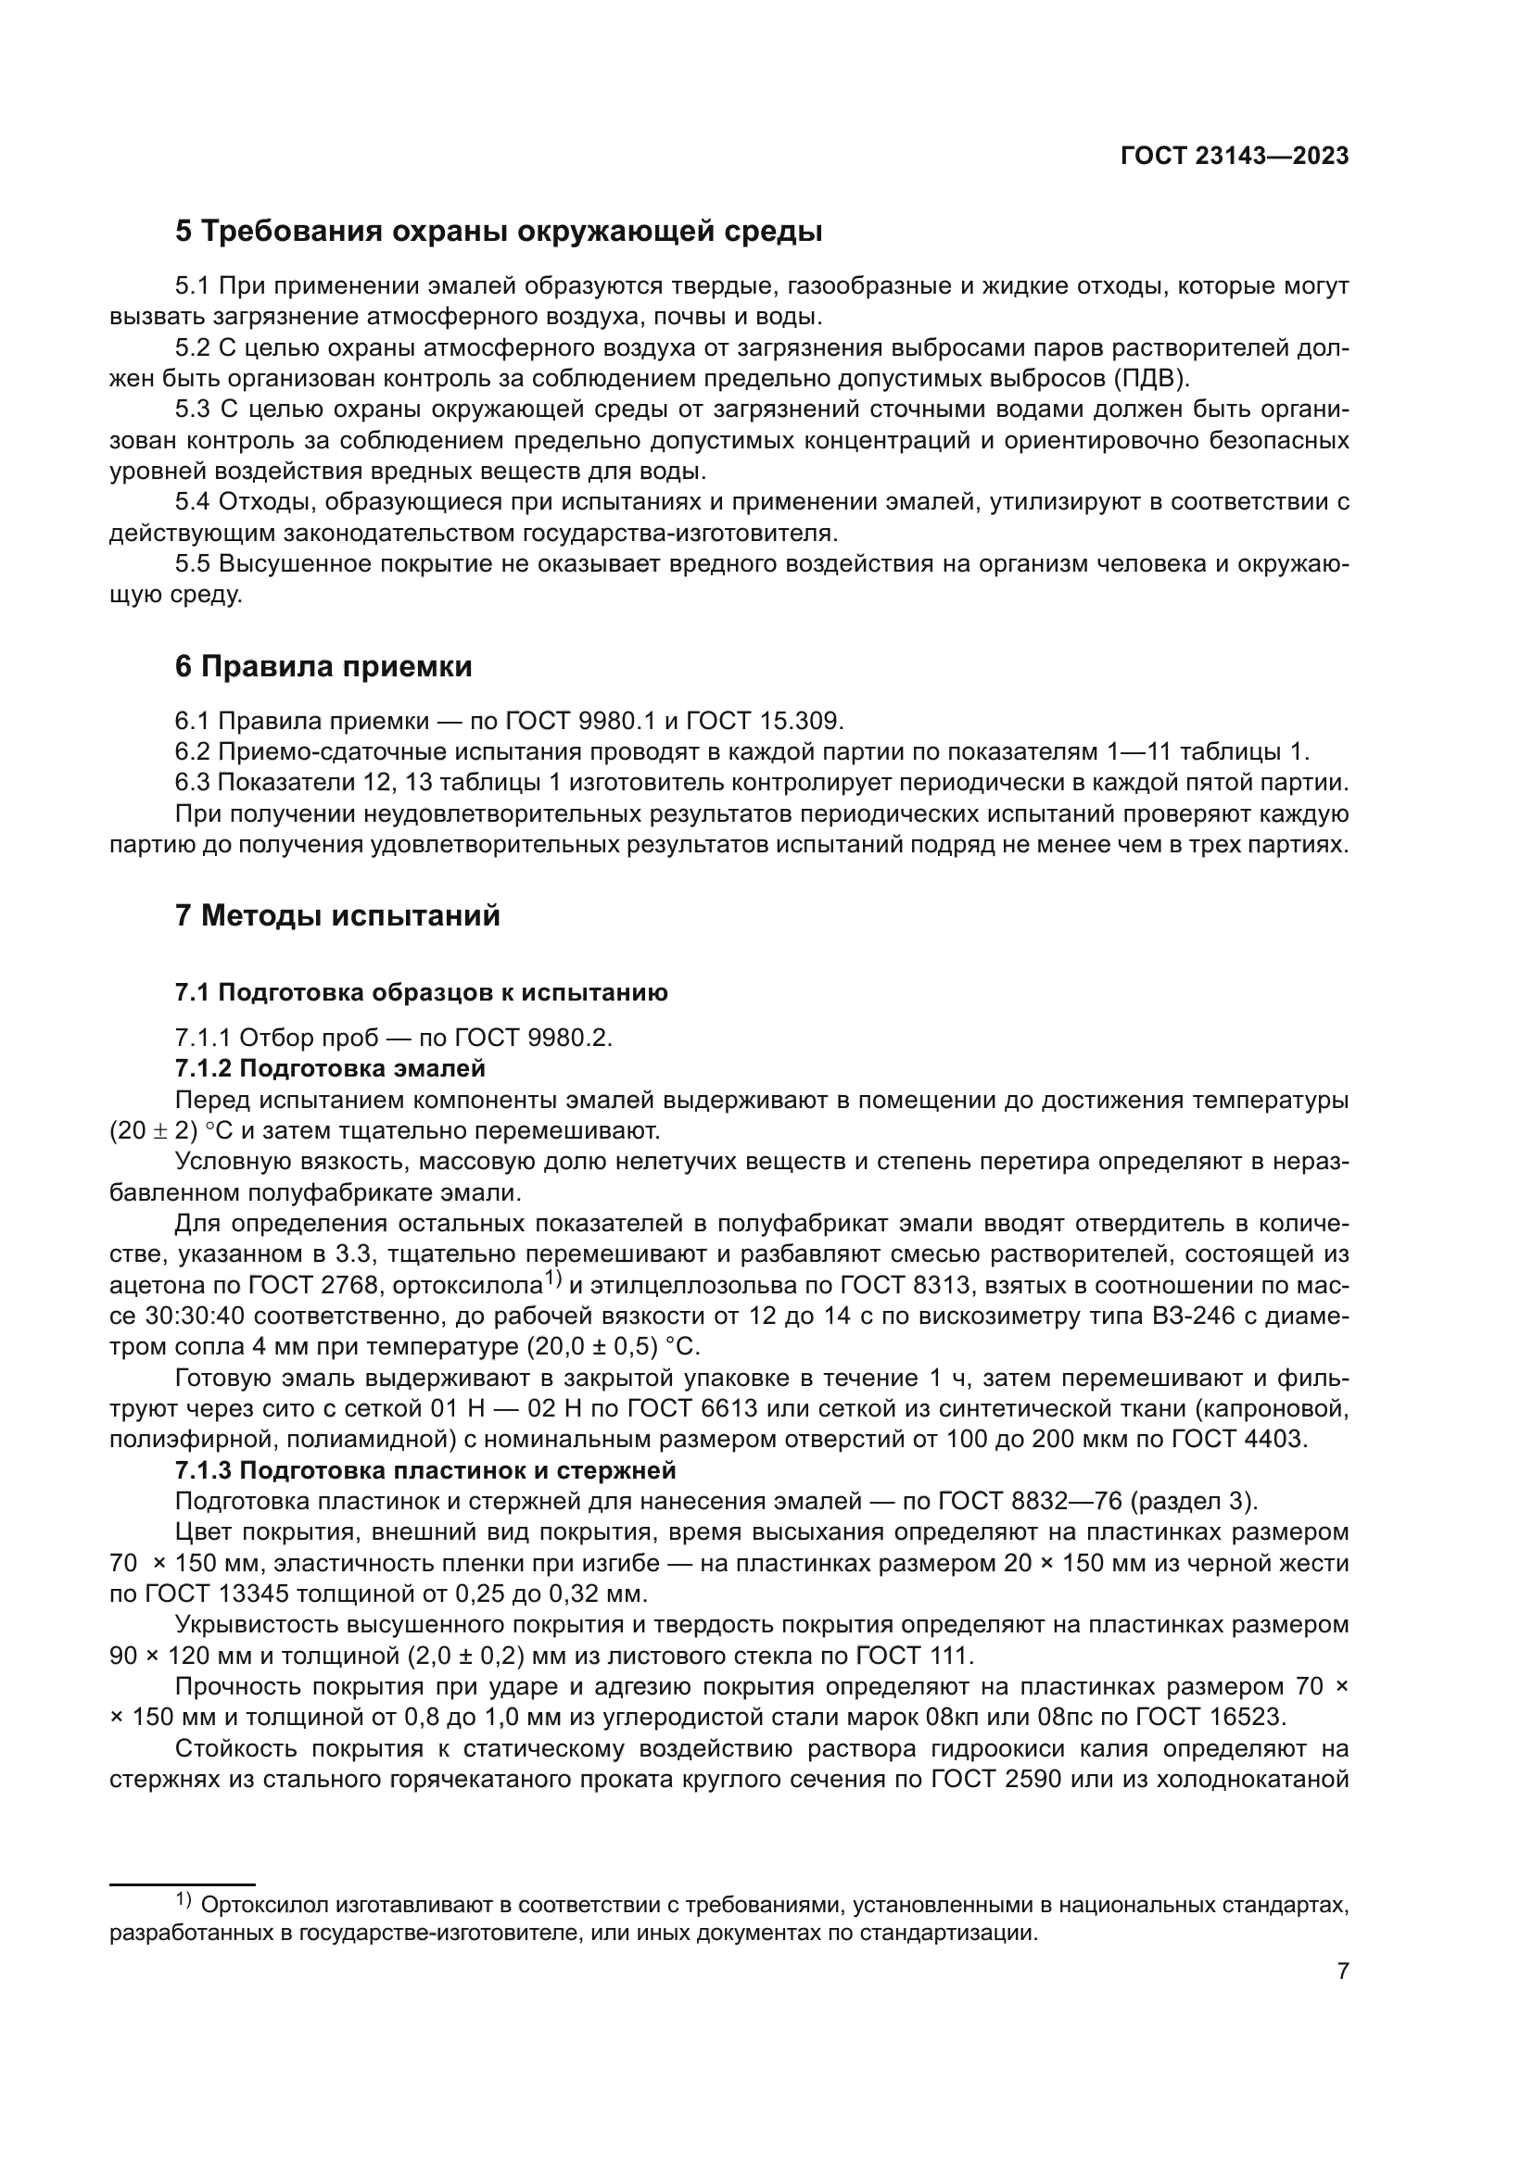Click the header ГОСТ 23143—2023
click(1234, 157)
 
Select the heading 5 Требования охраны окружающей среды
click(499, 232)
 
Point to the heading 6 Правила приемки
click(323, 666)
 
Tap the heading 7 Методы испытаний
click(337, 915)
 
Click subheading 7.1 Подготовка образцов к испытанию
click(421, 992)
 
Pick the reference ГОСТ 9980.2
click(533, 1039)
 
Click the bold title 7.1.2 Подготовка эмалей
click(330, 1068)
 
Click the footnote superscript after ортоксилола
click(554, 1279)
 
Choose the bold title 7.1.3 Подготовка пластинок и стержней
click(425, 1470)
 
